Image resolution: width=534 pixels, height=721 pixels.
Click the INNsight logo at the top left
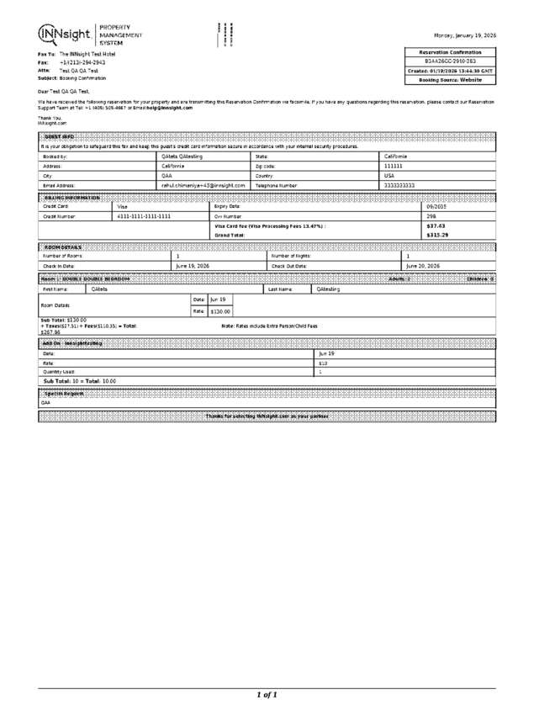pos(66,34)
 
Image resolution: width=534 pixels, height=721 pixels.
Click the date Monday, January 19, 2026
pos(464,35)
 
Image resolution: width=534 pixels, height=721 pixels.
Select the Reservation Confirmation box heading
pos(450,52)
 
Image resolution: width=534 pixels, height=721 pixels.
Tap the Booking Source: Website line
pos(450,80)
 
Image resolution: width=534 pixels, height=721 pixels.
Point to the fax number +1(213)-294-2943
pos(82,62)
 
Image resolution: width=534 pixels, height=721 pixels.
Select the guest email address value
pos(204,184)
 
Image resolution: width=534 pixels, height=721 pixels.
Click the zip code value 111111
pos(394,166)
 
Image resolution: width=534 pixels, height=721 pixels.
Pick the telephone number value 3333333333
pos(399,184)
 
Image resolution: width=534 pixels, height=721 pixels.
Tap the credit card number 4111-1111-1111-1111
pos(144,216)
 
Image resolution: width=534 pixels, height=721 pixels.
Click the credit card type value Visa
pos(123,206)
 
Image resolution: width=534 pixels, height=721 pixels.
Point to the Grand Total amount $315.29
pos(438,236)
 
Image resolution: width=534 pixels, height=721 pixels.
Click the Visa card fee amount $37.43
pos(436,226)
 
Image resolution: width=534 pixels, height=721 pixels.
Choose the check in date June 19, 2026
pos(193,266)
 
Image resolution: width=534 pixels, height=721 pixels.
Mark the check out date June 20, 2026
pos(423,266)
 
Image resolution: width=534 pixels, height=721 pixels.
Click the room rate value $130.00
pos(220,311)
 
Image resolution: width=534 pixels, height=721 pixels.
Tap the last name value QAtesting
pos(328,289)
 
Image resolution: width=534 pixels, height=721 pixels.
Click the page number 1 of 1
pos(267,695)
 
